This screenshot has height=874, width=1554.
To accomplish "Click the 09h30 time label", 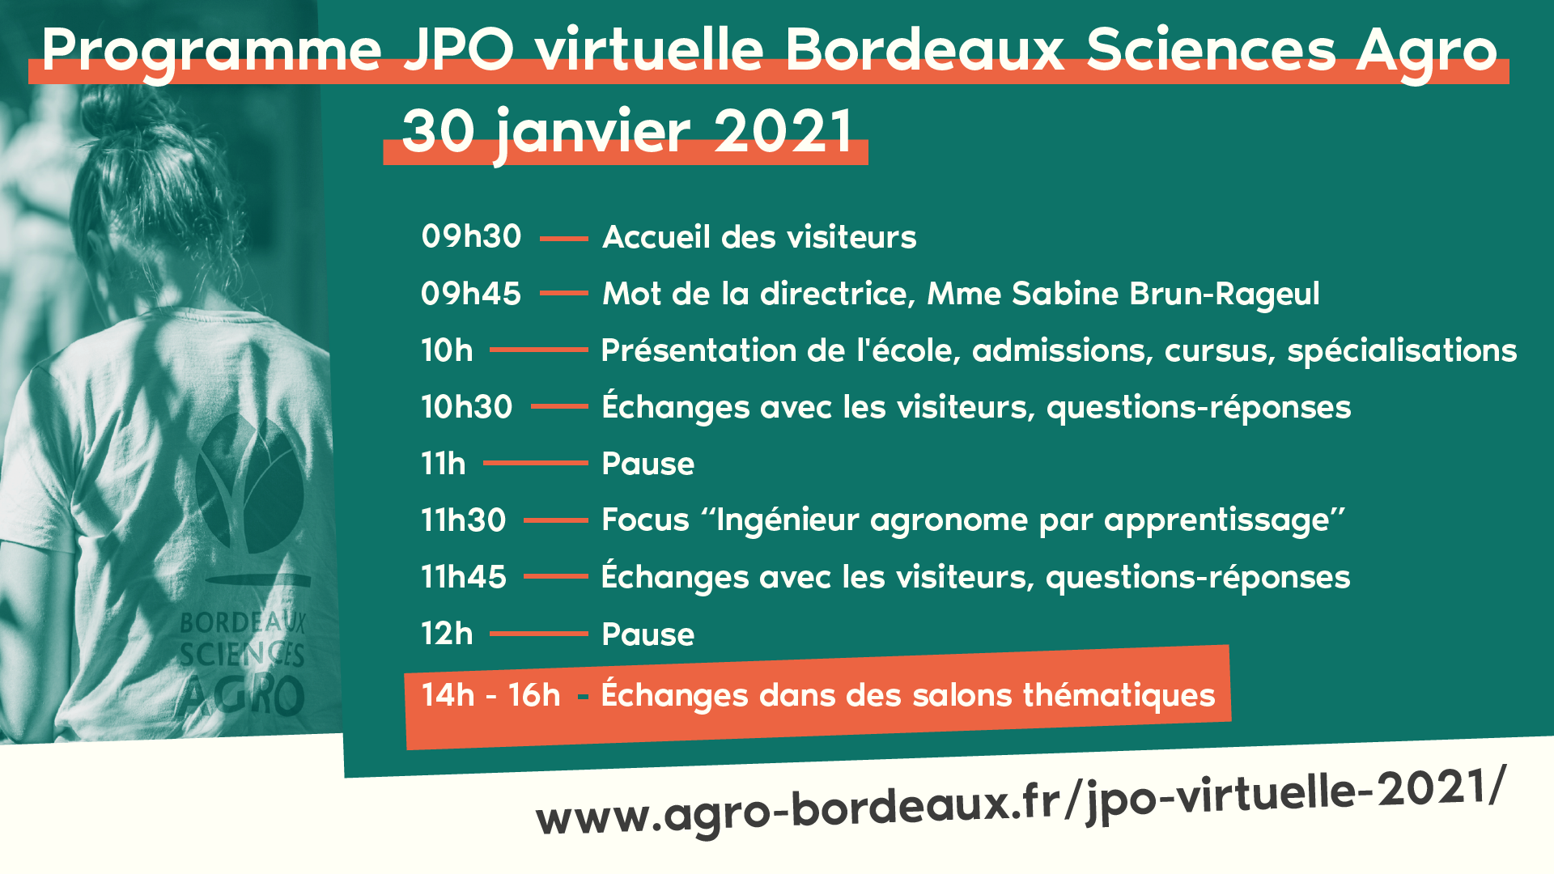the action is (x=471, y=236).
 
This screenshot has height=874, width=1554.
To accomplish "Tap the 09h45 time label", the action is (x=471, y=293).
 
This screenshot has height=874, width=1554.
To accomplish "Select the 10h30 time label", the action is (x=467, y=406).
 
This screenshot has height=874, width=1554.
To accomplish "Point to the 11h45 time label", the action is (x=464, y=577).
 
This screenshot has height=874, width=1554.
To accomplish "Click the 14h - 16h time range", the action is (x=490, y=695).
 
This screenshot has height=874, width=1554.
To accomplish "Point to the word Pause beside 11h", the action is (x=648, y=464).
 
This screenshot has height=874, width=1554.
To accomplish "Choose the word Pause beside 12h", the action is (x=648, y=634).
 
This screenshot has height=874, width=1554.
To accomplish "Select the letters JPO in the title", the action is (x=459, y=49).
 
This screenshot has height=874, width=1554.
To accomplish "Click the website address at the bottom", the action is (x=1021, y=802).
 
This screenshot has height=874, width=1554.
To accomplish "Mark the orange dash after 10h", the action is (x=539, y=350).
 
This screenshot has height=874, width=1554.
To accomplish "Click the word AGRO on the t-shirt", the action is (x=242, y=698).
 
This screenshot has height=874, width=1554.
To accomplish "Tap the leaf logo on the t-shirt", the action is (x=251, y=486).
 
